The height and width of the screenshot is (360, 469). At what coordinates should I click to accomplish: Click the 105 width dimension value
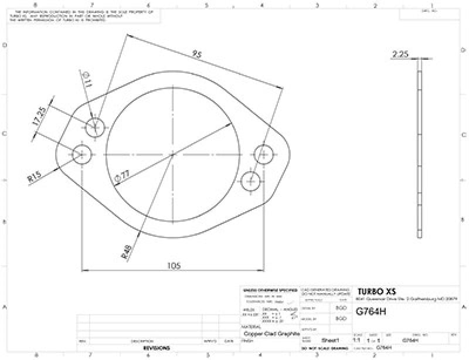click(x=173, y=266)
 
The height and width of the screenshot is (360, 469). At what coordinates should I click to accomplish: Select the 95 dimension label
click(x=198, y=55)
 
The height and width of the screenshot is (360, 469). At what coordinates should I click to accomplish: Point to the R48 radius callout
click(x=126, y=253)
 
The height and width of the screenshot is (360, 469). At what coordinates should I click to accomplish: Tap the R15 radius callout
click(x=35, y=176)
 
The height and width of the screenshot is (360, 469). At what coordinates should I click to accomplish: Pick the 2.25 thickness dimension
click(x=401, y=55)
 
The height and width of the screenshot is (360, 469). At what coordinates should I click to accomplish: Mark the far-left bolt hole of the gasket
click(x=82, y=155)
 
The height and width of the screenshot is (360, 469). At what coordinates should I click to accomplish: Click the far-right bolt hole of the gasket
click(x=264, y=155)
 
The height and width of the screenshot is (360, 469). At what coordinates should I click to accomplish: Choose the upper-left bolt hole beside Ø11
click(x=95, y=126)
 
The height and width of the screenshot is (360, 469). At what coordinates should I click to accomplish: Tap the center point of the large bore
click(x=173, y=155)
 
